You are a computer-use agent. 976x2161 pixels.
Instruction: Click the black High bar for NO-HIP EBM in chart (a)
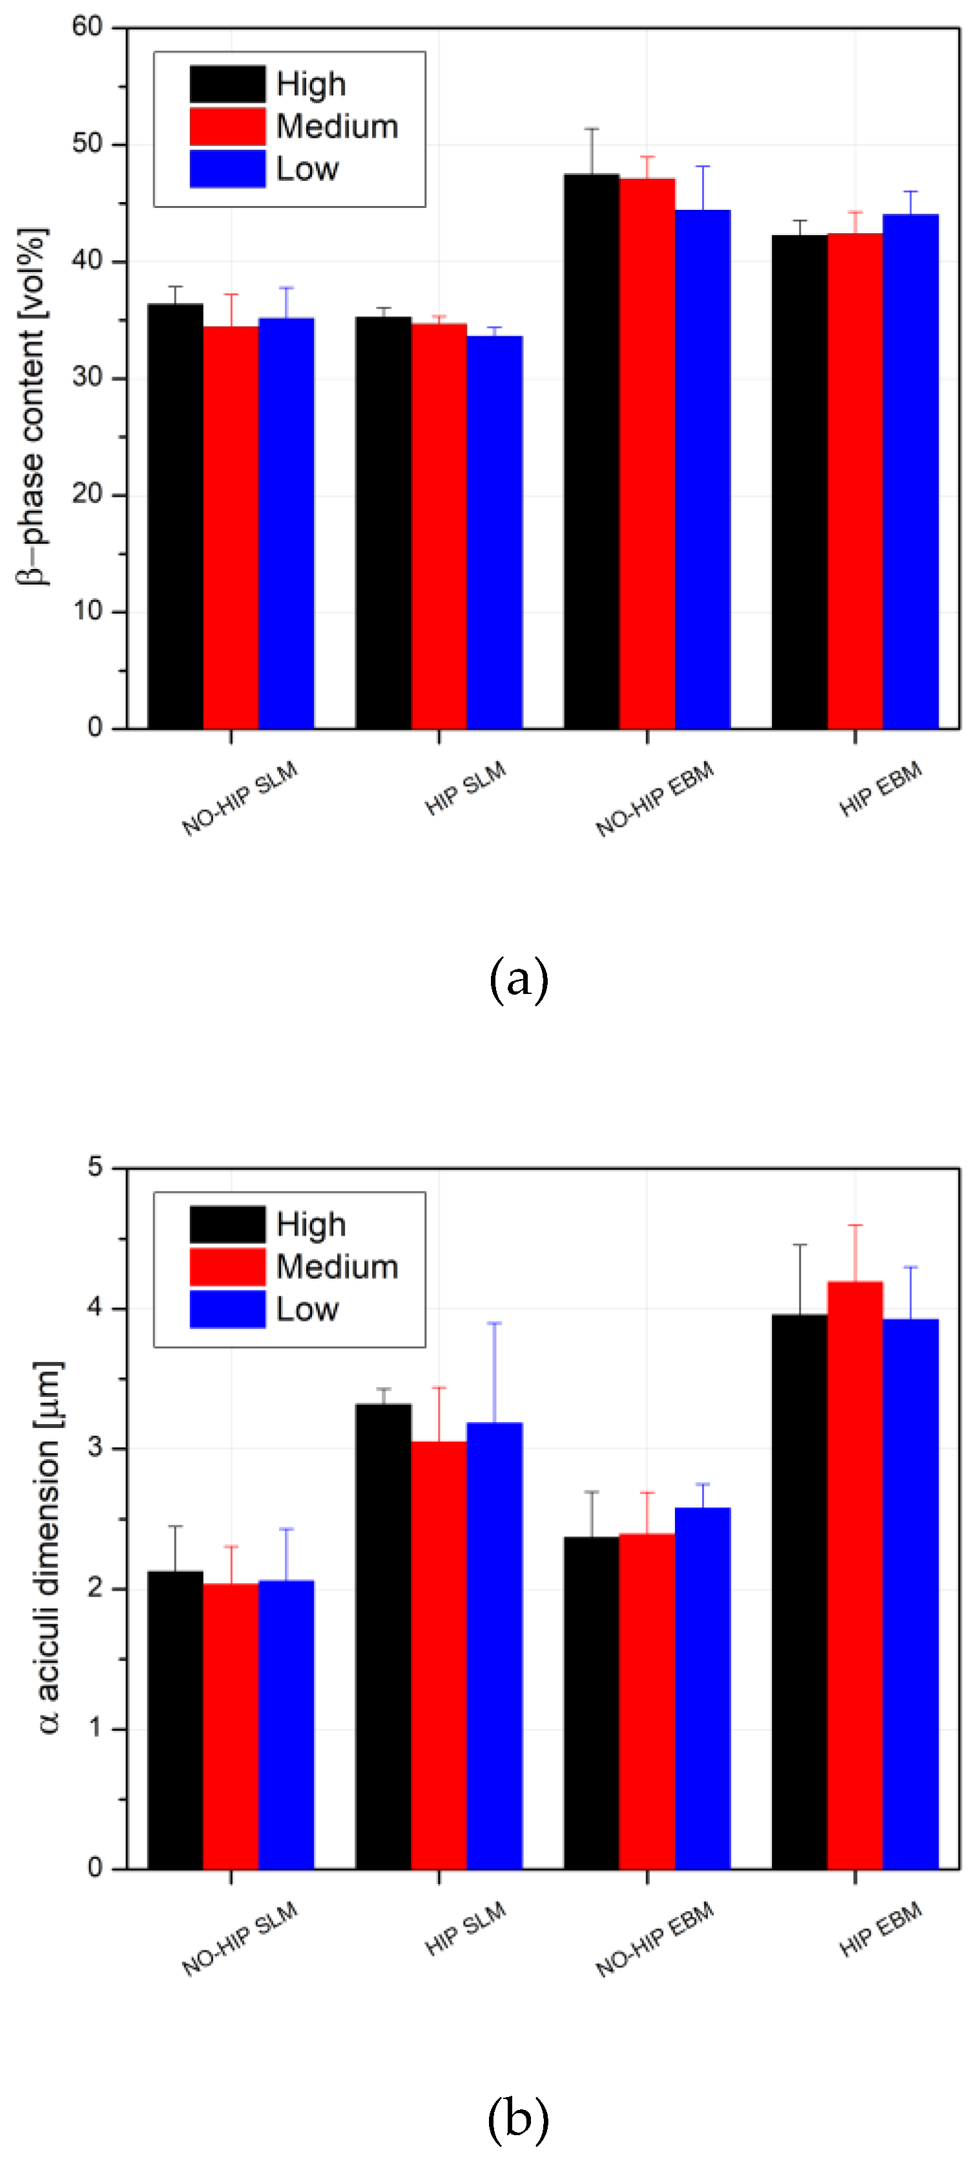[x=592, y=453]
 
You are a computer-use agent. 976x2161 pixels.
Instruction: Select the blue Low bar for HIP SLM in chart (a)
[x=494, y=533]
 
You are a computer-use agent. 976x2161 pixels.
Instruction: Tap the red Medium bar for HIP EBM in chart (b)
[x=855, y=1577]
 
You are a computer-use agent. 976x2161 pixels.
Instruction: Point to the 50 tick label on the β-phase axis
[x=88, y=144]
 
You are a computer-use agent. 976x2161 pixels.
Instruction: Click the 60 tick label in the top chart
[x=88, y=28]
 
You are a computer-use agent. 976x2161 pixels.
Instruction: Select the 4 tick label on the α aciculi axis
[x=96, y=1308]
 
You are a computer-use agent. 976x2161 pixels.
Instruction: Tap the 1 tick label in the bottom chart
[x=96, y=1729]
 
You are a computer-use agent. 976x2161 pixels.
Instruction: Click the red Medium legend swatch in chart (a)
[x=227, y=127]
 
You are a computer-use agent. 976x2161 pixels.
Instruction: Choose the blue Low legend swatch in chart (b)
[x=227, y=1308]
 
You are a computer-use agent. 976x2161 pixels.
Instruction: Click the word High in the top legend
[x=311, y=85]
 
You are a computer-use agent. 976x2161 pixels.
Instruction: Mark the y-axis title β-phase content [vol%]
[x=34, y=406]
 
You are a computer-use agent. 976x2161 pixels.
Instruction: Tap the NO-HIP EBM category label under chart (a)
[x=654, y=799]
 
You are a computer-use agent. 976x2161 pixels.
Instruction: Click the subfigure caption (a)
[x=518, y=979]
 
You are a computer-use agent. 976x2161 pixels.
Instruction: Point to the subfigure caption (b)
[x=518, y=2119]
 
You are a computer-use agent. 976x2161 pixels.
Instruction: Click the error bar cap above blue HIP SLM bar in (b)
[x=494, y=1323]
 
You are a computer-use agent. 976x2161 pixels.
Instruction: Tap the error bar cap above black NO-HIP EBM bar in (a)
[x=592, y=129]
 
